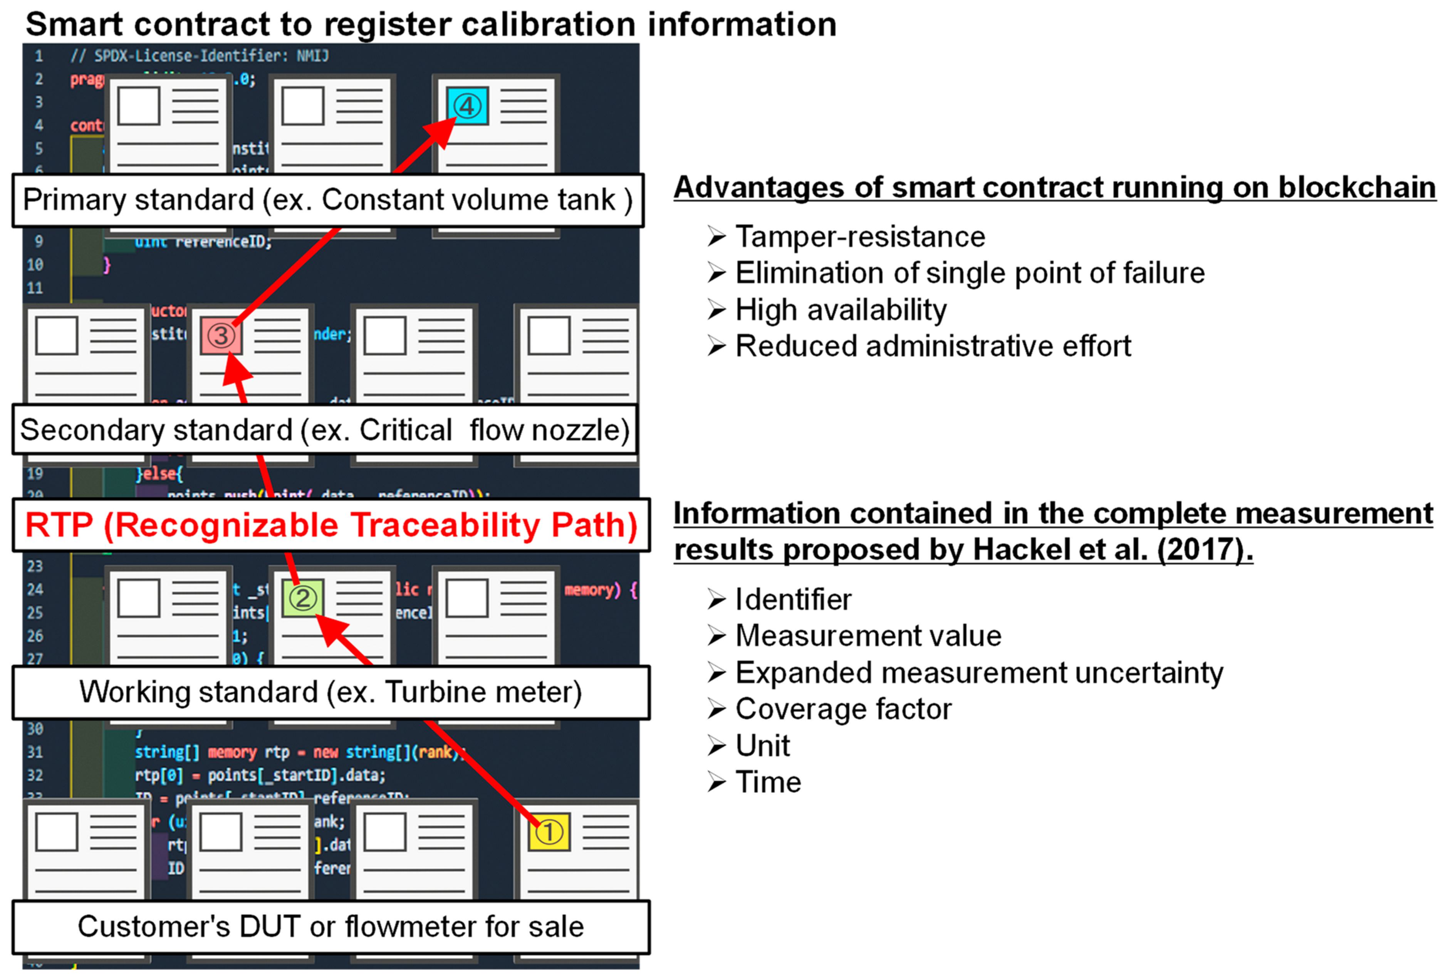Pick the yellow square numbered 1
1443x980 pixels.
pyautogui.click(x=549, y=832)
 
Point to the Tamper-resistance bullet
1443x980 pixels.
pyautogui.click(x=859, y=237)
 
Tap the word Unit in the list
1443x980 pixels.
pyautogui.click(x=762, y=745)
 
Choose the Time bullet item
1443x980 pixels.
pyautogui.click(x=768, y=782)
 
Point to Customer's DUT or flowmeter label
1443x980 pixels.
pyautogui.click(x=331, y=926)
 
